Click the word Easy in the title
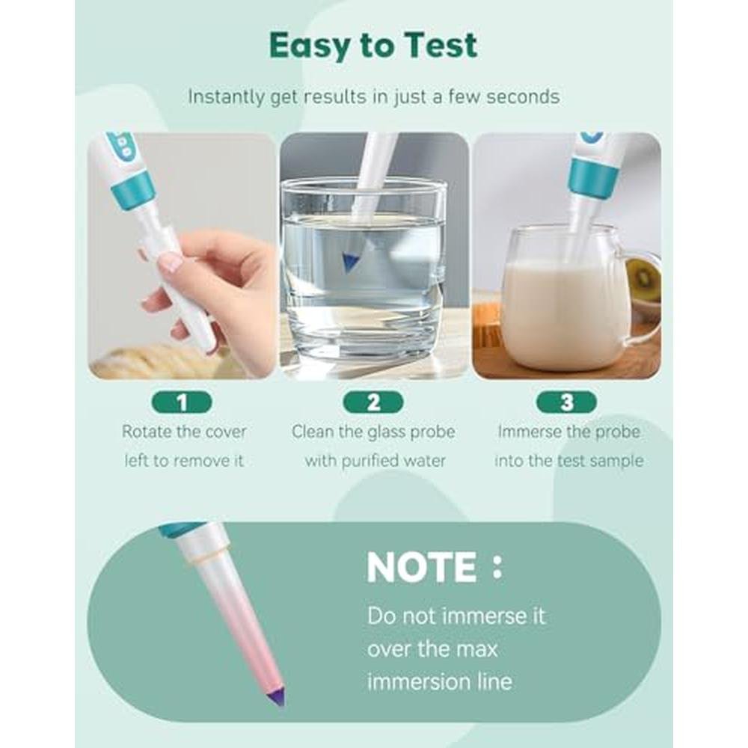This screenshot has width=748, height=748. click(310, 46)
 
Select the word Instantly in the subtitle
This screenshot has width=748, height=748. click(226, 96)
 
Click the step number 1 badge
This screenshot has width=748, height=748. click(182, 402)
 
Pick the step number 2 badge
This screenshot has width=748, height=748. click(373, 402)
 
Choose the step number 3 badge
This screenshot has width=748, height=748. click(566, 402)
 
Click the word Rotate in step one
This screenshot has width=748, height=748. click(147, 432)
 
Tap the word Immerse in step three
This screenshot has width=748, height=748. click(528, 432)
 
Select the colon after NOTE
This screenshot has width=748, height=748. click(497, 568)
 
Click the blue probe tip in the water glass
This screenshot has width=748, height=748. click(349, 262)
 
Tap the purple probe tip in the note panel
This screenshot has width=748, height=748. click(277, 696)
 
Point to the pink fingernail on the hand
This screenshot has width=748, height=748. click(171, 262)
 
